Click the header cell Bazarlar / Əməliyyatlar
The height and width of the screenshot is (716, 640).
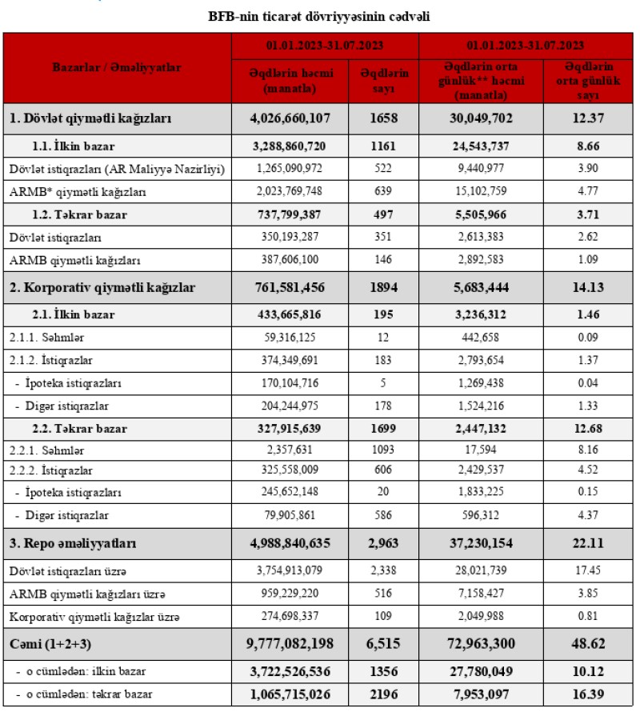click(x=117, y=68)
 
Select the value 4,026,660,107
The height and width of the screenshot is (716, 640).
click(x=290, y=120)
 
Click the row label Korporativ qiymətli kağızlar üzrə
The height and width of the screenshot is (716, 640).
click(x=94, y=617)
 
